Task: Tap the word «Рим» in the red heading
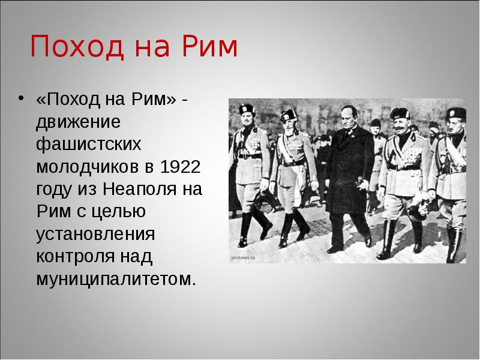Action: tap(208, 47)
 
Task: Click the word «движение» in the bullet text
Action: tap(79, 122)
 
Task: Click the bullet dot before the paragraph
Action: tap(23, 100)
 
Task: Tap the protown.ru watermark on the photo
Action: tap(243, 257)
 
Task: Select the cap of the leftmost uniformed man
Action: tap(246, 109)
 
